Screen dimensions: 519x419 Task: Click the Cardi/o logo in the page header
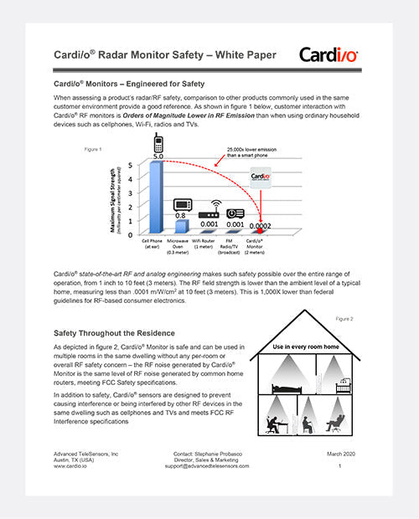329,55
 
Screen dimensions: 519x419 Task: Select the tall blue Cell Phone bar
155,198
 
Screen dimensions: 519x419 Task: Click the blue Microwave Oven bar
182,227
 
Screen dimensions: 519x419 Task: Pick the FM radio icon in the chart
235,213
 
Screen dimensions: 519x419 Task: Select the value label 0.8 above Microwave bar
181,215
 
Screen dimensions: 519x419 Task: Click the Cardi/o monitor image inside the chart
261,177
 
